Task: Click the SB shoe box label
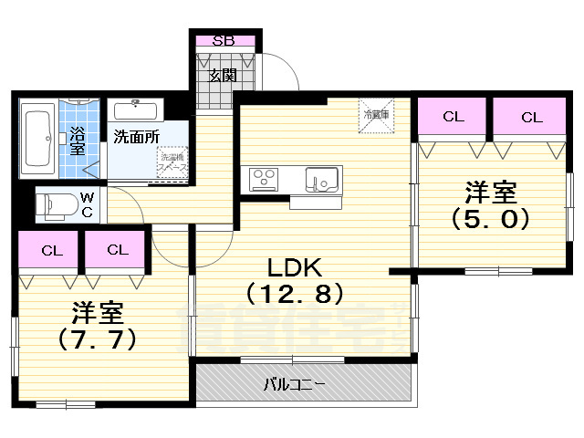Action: (x=222, y=40)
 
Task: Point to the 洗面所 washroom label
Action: (x=136, y=137)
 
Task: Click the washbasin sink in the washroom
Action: (x=137, y=109)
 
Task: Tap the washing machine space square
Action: (x=172, y=163)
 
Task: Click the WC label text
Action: (x=86, y=203)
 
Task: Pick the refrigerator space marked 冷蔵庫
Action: (x=374, y=115)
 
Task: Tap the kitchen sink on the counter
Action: (x=321, y=180)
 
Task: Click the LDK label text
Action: (x=293, y=267)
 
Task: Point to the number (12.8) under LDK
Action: (x=293, y=294)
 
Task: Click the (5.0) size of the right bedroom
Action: (x=490, y=219)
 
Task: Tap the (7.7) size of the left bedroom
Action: (x=98, y=339)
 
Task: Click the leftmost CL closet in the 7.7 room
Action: (x=51, y=249)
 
